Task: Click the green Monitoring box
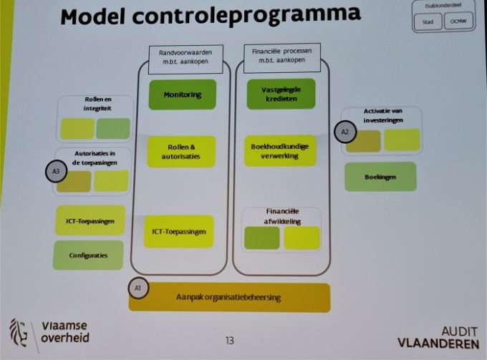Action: click(182, 94)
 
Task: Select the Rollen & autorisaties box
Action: click(181, 151)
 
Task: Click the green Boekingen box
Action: click(380, 176)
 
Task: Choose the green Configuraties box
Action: click(88, 255)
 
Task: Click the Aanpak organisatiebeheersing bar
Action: click(229, 297)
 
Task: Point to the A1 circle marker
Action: click(138, 287)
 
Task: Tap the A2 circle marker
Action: click(344, 132)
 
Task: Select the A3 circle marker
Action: click(56, 171)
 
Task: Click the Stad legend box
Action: click(428, 22)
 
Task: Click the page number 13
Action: click(230, 341)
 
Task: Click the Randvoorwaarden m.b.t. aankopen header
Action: click(185, 56)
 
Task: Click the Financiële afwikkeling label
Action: click(281, 216)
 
